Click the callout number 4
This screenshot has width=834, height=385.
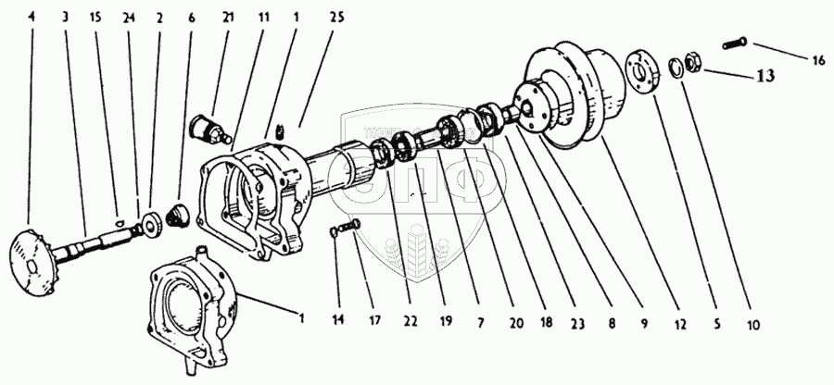33,17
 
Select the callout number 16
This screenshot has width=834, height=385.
818,60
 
